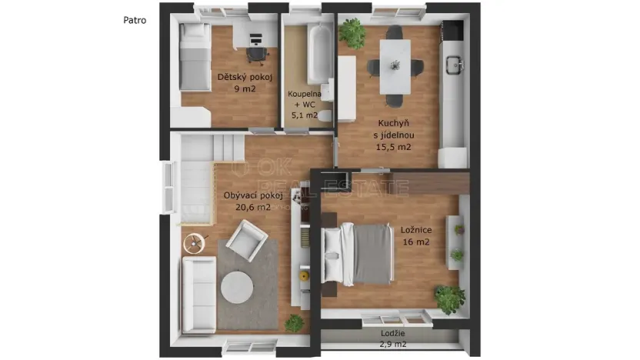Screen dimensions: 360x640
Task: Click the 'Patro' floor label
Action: (x=135, y=21)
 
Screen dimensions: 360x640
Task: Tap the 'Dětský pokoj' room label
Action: (x=245, y=77)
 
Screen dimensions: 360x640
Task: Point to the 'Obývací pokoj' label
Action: (x=248, y=195)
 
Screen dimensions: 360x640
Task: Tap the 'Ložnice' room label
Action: (x=415, y=230)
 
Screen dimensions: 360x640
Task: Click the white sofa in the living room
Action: (x=198, y=296)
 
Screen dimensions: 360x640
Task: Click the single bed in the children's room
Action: (x=195, y=58)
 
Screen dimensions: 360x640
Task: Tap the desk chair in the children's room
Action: (x=256, y=54)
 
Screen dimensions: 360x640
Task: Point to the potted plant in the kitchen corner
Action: (x=353, y=32)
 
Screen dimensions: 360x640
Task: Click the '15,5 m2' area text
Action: (x=393, y=147)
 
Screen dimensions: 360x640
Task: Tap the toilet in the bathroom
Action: (x=326, y=115)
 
